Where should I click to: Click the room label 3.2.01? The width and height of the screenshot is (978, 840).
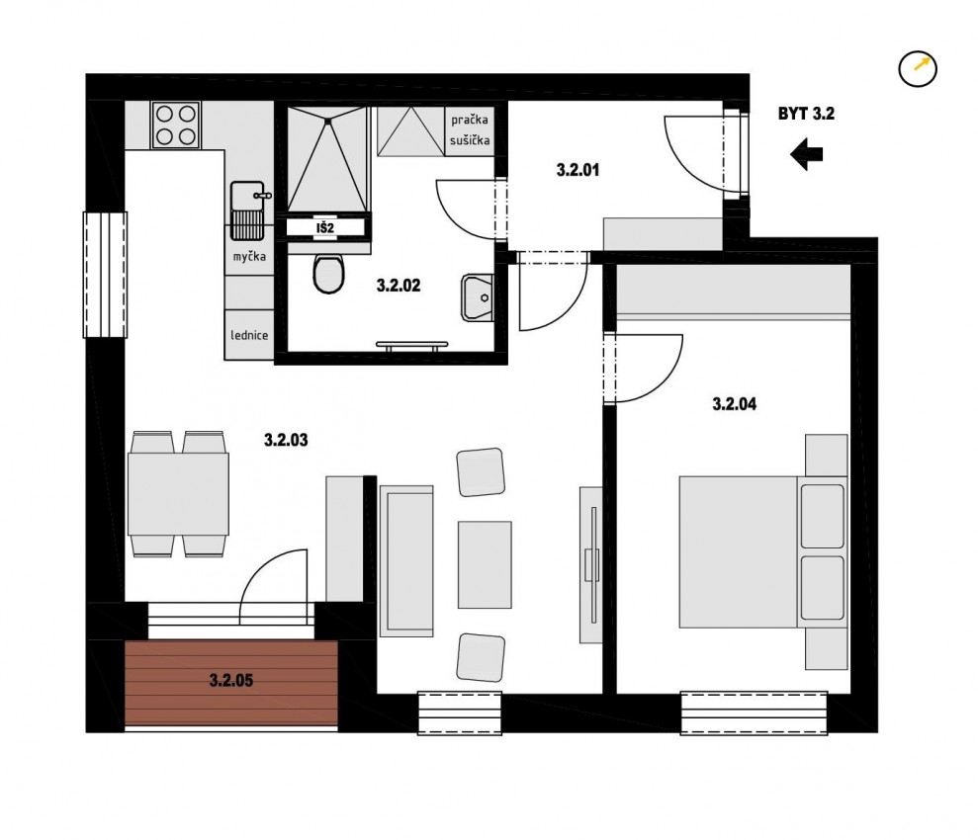pos(578,170)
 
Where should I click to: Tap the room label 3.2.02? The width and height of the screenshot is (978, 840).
pos(399,286)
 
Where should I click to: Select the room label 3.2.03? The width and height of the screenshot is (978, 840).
pos(286,440)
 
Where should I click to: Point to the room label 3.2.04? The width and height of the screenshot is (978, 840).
pos(734,404)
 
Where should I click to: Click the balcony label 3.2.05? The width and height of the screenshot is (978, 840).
pos(231,680)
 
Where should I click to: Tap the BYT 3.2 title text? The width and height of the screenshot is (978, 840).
pos(806,114)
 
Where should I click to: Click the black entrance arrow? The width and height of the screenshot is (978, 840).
pos(806,154)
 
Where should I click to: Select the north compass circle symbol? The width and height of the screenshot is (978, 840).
pos(918,68)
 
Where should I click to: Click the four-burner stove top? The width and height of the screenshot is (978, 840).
pos(175,126)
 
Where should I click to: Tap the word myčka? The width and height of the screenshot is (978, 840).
pos(249,256)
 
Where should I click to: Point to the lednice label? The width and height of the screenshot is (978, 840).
pos(249,335)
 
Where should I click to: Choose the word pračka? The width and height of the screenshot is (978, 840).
pos(470,120)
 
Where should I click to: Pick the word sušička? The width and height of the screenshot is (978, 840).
pos(470,141)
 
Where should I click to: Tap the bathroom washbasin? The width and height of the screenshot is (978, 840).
pos(478,297)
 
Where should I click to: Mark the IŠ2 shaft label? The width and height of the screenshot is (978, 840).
pos(325,228)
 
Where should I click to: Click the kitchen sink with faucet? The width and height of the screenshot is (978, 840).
pos(249,210)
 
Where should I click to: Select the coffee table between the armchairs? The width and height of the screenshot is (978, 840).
pos(485,564)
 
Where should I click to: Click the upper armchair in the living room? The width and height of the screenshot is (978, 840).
pos(481,471)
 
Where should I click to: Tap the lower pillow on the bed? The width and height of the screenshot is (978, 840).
pos(822,588)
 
